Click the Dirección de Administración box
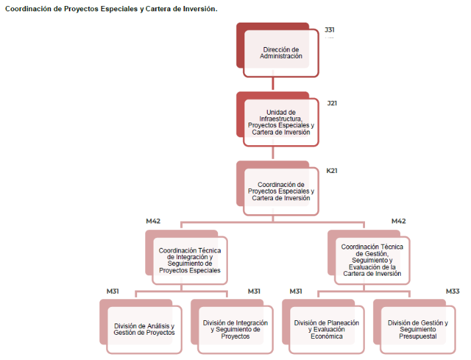(x=281, y=53)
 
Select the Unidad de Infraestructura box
(x=281, y=122)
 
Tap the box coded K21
(x=281, y=192)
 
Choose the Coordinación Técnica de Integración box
(x=190, y=261)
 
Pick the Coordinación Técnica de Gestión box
(x=372, y=260)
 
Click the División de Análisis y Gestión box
(x=144, y=330)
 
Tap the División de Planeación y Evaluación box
(x=327, y=330)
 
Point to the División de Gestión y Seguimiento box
(x=417, y=330)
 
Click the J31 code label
(x=329, y=30)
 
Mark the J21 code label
(x=332, y=103)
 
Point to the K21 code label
(x=332, y=171)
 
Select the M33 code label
(x=452, y=291)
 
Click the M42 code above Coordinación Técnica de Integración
(x=153, y=221)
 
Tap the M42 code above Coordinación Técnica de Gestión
(x=398, y=221)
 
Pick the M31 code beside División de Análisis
(x=113, y=291)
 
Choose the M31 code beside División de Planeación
(x=296, y=291)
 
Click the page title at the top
(x=111, y=9)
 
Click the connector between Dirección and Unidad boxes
(x=274, y=84)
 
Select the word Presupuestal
(x=417, y=336)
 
